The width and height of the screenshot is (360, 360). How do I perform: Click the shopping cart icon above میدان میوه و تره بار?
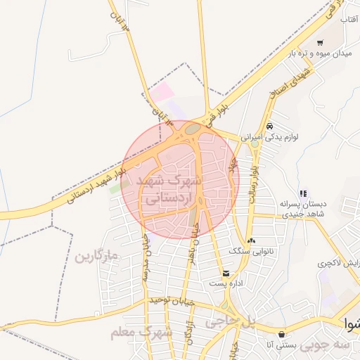tap(321, 42)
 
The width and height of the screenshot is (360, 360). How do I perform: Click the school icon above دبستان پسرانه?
tap(303, 193)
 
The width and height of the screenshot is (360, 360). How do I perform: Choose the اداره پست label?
tap(226, 283)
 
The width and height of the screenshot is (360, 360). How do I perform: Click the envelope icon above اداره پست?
tap(226, 273)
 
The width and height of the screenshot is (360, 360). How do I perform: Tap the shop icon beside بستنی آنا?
tap(282, 334)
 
